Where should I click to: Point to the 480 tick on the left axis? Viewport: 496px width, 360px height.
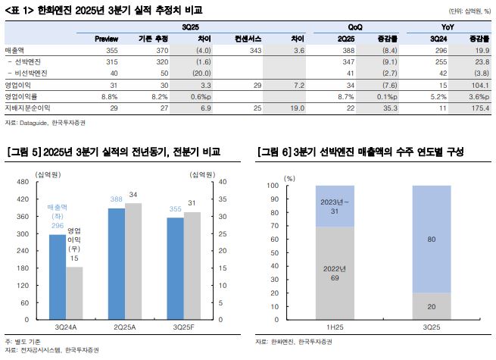click(22, 182)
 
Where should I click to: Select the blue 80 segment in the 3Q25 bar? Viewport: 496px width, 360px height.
click(431, 240)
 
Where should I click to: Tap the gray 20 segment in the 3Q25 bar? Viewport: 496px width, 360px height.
click(431, 306)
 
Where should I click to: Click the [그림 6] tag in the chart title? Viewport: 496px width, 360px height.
click(276, 152)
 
